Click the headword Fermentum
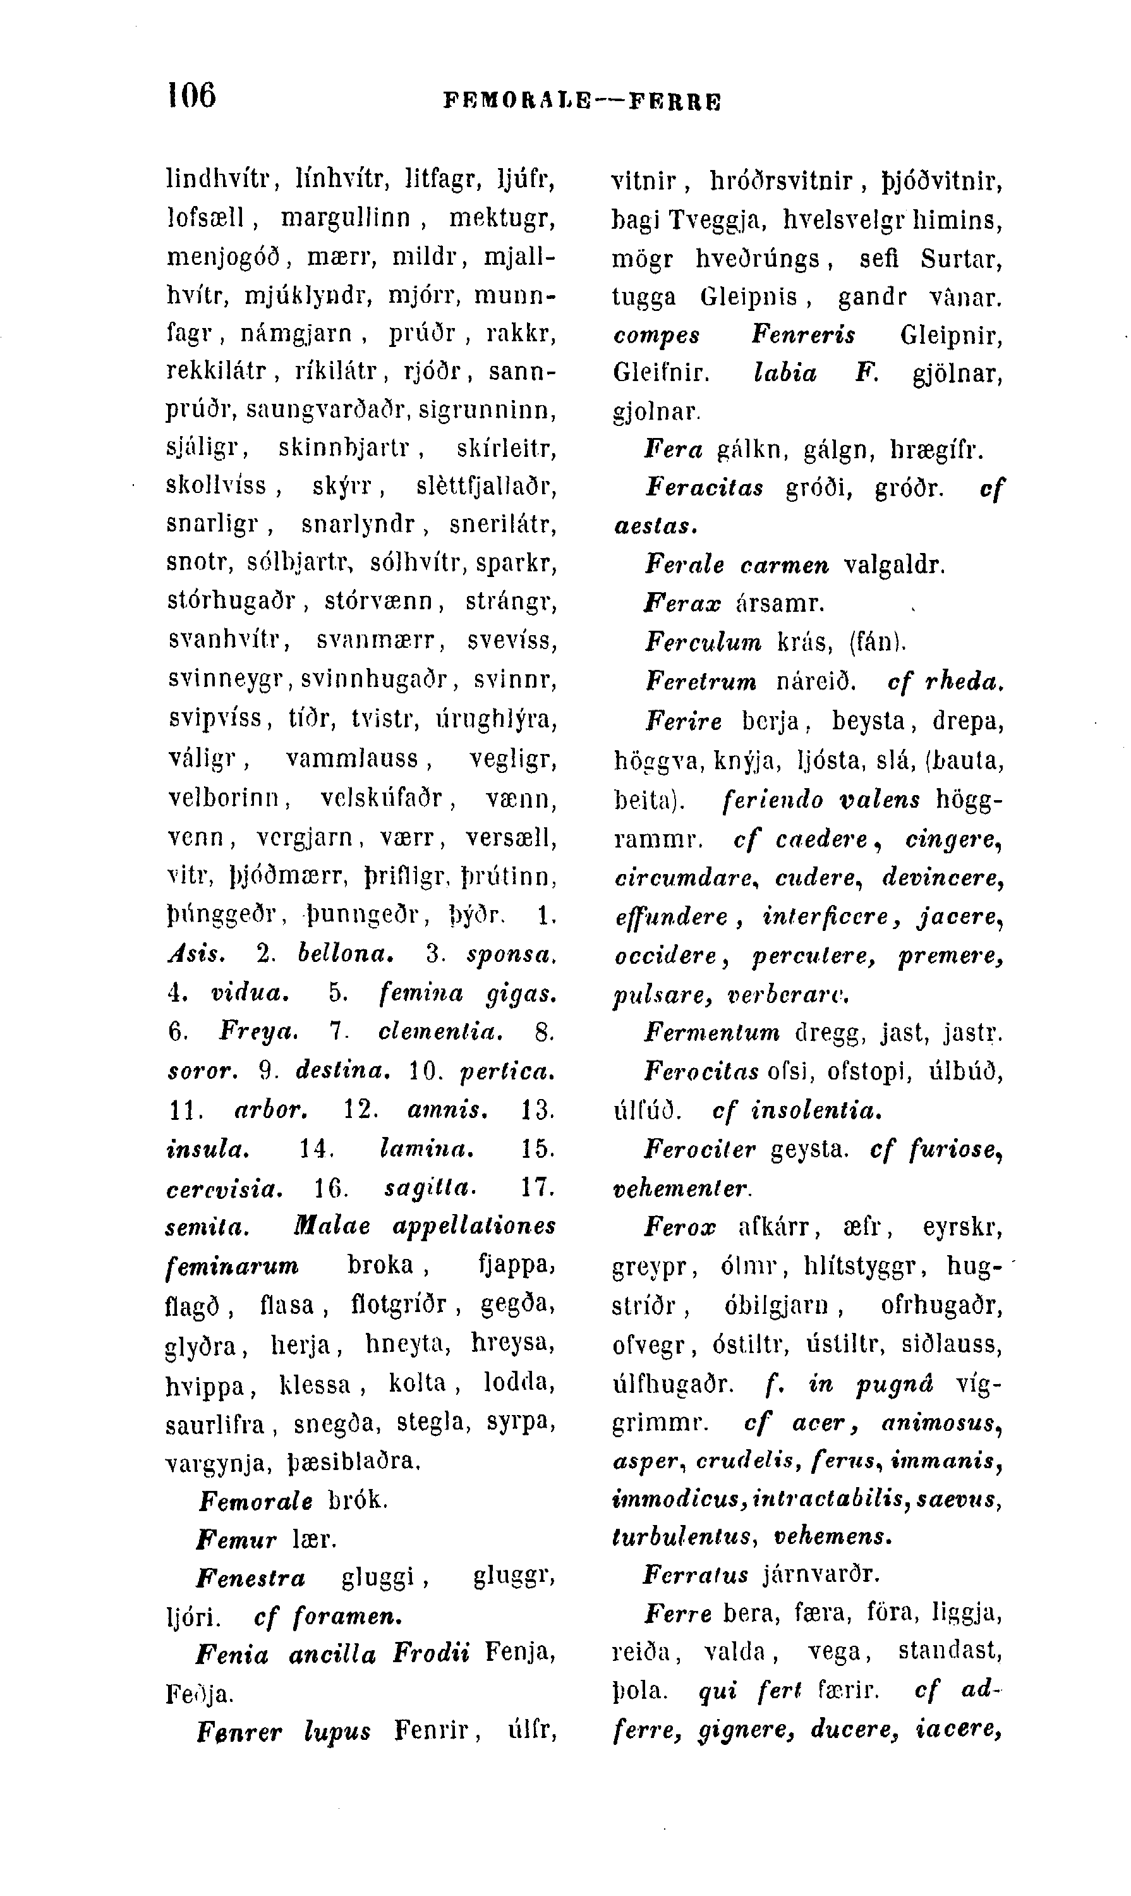coord(713,1033)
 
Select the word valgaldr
coord(894,566)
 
